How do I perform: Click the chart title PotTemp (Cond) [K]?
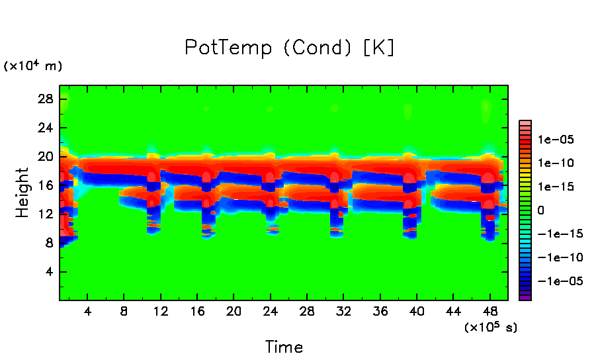(289, 48)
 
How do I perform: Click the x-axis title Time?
(284, 347)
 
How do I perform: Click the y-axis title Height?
(22, 193)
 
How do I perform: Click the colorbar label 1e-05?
(556, 140)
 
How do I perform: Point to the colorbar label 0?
(540, 210)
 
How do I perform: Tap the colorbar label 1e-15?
(556, 187)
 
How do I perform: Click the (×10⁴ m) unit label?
(33, 66)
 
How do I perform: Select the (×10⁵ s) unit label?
(491, 327)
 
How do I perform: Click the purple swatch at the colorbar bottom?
(525, 297)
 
